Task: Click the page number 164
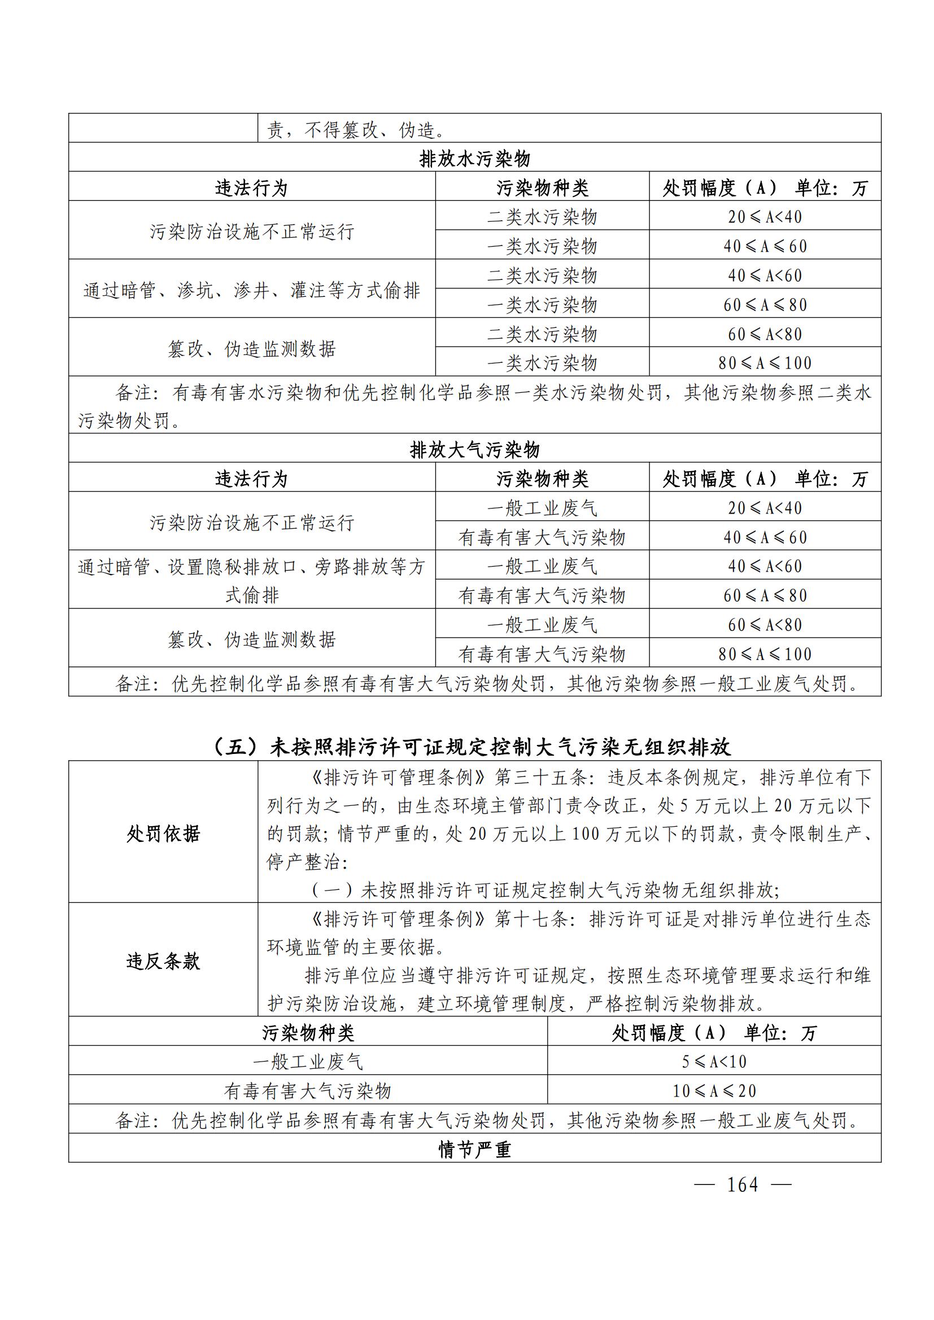click(743, 1185)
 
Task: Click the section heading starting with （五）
click(471, 747)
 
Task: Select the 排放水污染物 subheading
click(474, 158)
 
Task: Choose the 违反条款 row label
click(163, 961)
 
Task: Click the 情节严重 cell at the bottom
click(474, 1149)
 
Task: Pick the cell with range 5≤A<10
click(714, 1062)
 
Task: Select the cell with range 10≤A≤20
click(714, 1091)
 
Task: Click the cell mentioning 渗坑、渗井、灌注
click(252, 290)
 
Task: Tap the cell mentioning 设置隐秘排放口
click(252, 581)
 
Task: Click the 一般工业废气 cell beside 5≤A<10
click(308, 1062)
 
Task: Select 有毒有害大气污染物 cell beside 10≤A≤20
click(308, 1091)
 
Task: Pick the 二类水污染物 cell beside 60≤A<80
click(542, 334)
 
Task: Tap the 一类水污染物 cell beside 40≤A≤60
click(542, 246)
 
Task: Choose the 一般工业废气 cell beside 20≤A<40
click(542, 508)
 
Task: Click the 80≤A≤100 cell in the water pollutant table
click(765, 363)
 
